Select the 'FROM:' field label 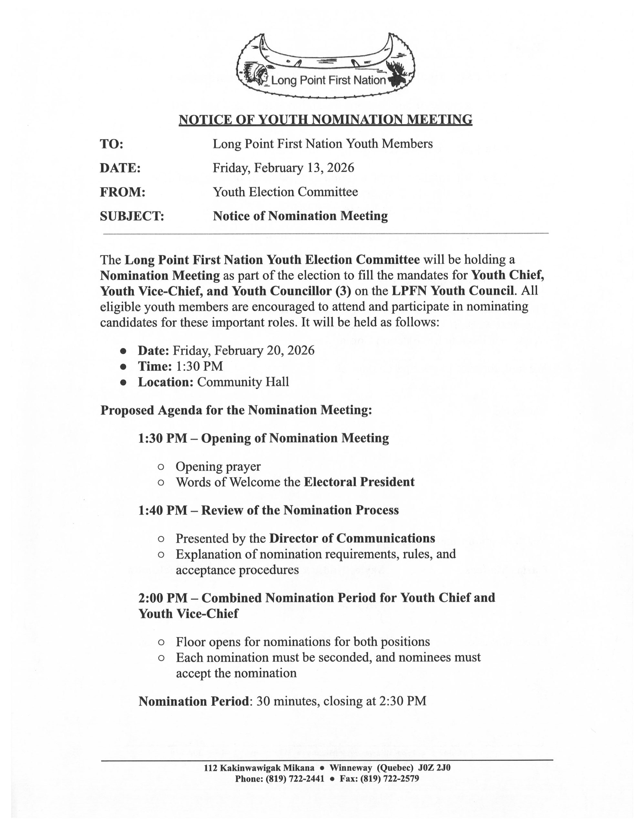pos(123,192)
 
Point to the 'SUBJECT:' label pos(132,216)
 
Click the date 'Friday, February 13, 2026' pos(283,168)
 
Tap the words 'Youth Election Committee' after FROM pos(285,192)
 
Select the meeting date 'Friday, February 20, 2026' pos(243,350)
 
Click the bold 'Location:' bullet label pos(166,382)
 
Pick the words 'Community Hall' pos(243,382)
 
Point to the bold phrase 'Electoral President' pos(359,482)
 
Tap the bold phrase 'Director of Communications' pos(352,539)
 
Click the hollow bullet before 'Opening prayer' pos(161,467)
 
